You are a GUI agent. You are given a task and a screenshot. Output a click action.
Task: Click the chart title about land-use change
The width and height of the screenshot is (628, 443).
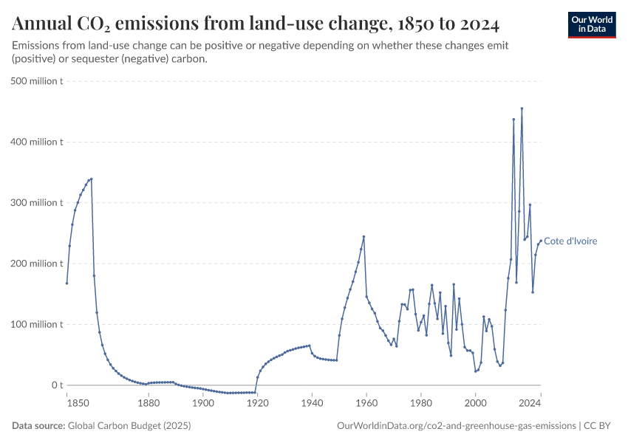click(x=256, y=24)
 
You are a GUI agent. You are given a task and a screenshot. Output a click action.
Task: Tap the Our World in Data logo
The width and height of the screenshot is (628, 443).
click(x=591, y=24)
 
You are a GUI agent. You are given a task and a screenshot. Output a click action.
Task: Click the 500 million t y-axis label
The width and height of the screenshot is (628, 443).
click(x=37, y=80)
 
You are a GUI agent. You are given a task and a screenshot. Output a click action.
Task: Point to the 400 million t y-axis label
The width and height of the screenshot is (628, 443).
click(x=37, y=142)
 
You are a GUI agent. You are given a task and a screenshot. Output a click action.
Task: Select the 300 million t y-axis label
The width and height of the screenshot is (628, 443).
click(x=37, y=202)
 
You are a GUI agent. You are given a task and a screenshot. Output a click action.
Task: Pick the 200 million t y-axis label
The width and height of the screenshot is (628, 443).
click(x=37, y=264)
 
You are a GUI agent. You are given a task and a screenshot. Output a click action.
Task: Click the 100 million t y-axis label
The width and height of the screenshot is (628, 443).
click(x=37, y=324)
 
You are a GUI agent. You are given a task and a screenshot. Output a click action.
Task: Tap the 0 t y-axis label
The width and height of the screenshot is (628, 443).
click(x=56, y=385)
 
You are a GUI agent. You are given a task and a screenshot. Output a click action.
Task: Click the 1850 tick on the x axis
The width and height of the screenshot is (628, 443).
click(x=66, y=402)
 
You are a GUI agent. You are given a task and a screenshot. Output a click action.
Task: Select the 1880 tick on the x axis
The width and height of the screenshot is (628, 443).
click(x=149, y=402)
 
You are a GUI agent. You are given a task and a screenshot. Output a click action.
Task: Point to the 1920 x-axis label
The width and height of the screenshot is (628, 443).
click(x=257, y=402)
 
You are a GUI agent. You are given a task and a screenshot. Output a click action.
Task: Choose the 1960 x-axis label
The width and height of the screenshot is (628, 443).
click(x=366, y=402)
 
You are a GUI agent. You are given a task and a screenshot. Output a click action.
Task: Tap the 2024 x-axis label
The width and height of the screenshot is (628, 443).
click(x=530, y=402)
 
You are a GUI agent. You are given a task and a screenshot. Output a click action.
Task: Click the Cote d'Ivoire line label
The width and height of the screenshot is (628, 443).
click(x=570, y=241)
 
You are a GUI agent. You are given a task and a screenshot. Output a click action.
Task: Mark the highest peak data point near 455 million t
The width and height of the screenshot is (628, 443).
click(x=522, y=109)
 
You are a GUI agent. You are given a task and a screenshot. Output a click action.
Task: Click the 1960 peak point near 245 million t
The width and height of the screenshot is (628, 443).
click(x=364, y=236)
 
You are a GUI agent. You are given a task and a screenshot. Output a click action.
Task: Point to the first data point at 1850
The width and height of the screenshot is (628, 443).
click(x=66, y=283)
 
